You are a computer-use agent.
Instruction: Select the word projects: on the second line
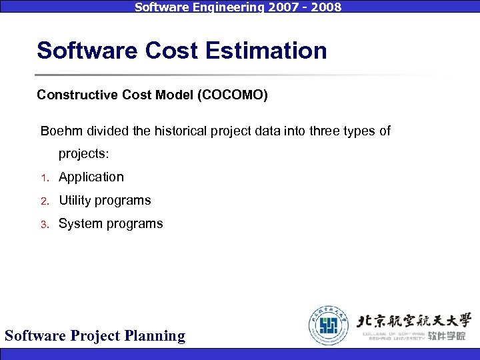(83, 154)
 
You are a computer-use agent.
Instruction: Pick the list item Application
(91, 177)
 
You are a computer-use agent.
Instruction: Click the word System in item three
(78, 224)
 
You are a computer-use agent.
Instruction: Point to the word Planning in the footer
(155, 335)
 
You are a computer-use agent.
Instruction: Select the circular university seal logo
(329, 326)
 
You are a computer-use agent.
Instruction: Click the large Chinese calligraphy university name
(415, 319)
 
